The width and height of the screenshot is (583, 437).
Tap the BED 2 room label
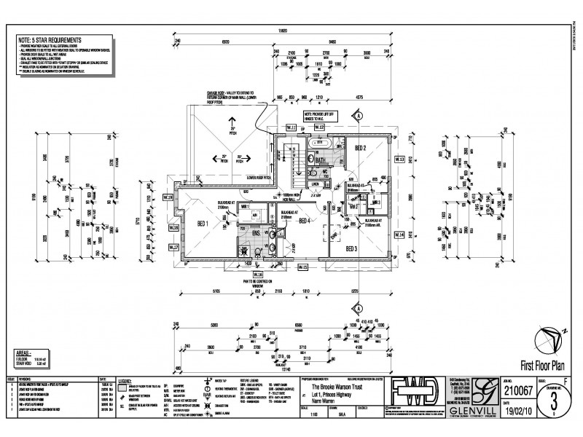pos(359,148)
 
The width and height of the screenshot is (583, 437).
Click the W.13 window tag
pos(399,159)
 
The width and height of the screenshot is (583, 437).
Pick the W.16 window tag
pos(238,275)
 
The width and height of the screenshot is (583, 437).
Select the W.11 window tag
pos(291,128)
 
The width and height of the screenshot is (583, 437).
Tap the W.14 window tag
pos(399,235)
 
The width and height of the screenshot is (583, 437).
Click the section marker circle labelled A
pos(359,115)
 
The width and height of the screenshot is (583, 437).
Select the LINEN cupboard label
pos(315,184)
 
